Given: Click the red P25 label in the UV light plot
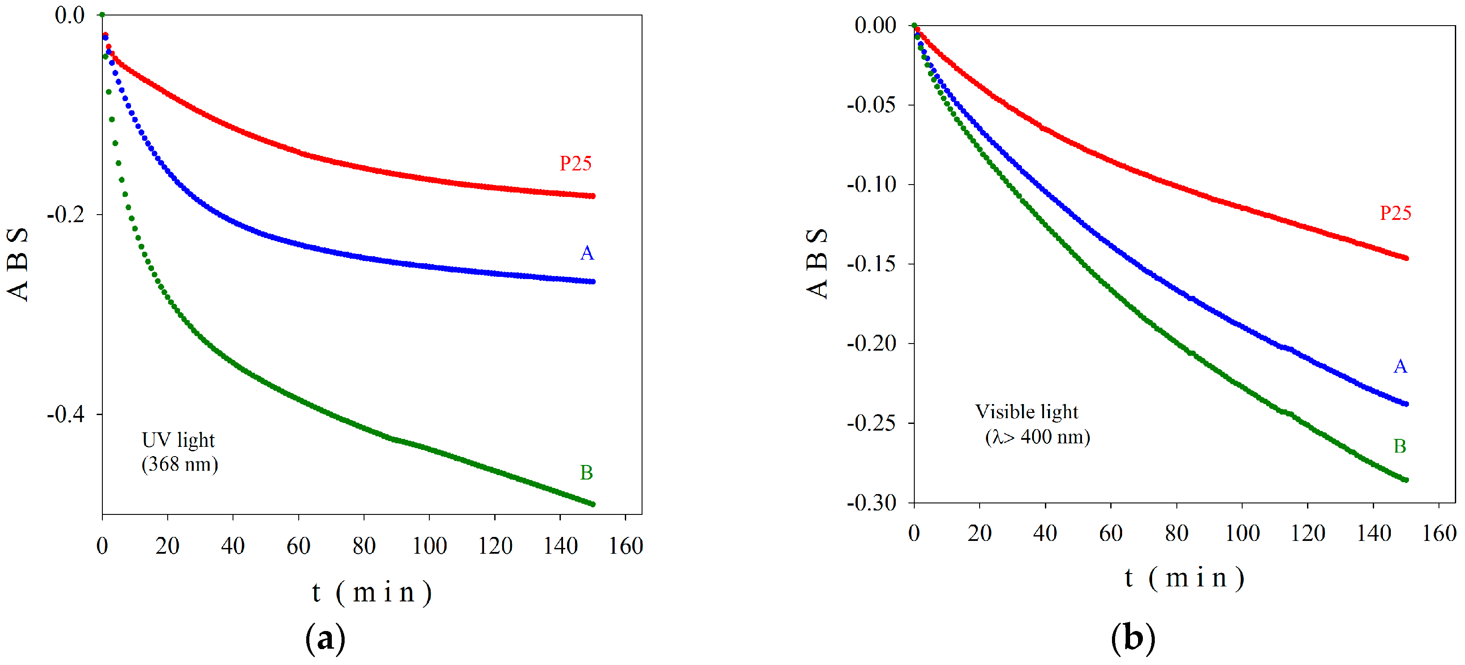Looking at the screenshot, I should point(575,164).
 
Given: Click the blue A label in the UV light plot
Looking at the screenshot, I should point(587,253).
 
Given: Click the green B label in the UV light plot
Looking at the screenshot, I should point(586,473).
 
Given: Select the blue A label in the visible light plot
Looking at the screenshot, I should point(1400,367).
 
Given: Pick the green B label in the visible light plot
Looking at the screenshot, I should point(1400,446).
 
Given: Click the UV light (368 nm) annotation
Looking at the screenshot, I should point(179,452).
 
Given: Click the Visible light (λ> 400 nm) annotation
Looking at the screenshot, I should point(1031,424).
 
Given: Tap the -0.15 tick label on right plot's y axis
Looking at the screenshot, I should point(871,264).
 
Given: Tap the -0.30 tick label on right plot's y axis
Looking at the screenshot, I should point(871,503).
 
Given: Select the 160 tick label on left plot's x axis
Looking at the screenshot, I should point(626,546).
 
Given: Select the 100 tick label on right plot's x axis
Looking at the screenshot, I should point(1242,533).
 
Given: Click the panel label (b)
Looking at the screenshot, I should point(1133,638).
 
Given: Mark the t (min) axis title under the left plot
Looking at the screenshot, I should point(372,593).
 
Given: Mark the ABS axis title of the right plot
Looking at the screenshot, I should point(817,263).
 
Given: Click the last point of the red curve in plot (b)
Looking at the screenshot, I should point(1406,258).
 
